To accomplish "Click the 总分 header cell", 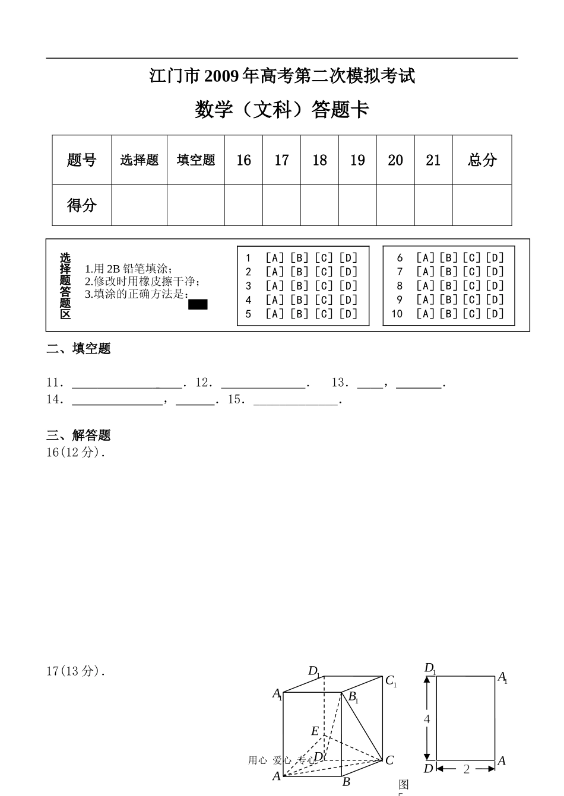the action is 482,160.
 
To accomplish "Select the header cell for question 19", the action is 357,160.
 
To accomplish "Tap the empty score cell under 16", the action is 243,205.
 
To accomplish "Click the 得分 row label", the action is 82,205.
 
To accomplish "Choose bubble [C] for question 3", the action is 324,286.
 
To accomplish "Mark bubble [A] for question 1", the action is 274,257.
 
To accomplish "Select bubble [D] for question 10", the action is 495,314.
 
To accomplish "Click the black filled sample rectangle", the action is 198,304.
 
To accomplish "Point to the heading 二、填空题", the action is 78,349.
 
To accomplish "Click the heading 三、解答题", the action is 78,435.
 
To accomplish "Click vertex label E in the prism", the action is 315,731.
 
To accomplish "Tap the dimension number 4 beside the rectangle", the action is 426,719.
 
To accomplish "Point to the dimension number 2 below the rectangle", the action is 466,769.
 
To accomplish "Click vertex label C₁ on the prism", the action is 391,681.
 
